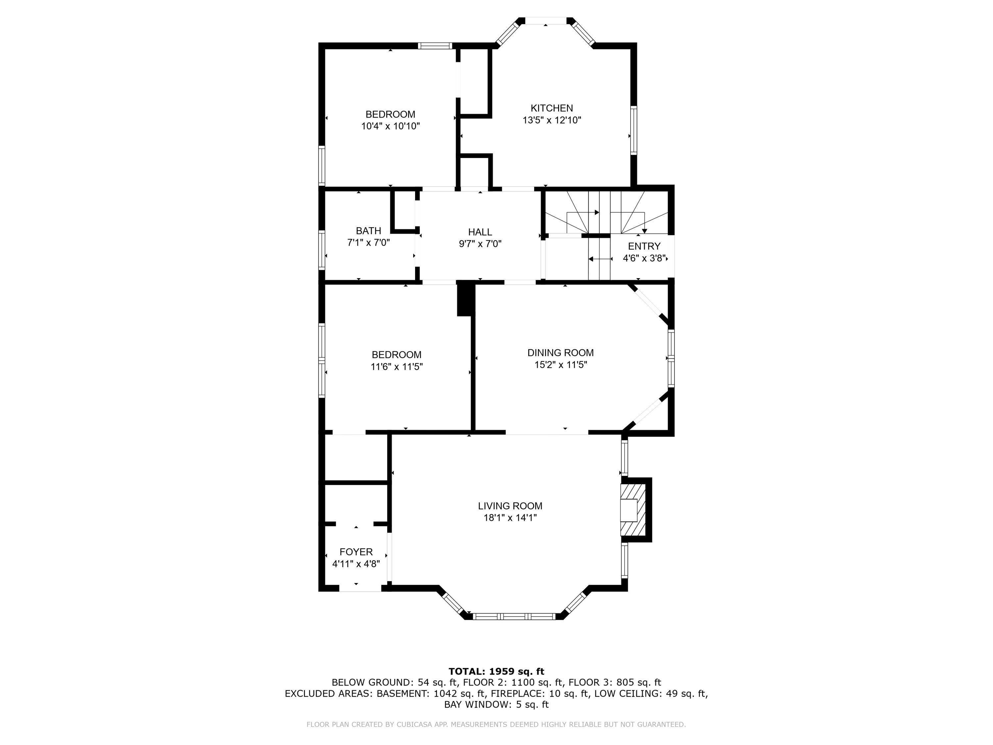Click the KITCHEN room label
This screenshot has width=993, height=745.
point(552,108)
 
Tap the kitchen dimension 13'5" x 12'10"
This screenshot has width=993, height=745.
point(552,120)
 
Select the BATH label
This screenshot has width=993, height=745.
point(368,231)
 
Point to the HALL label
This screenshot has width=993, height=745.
point(480,232)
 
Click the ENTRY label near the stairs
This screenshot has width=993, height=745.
point(644,246)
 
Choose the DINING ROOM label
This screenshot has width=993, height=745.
point(561,353)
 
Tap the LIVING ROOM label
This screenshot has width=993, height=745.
point(510,506)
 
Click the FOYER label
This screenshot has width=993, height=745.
point(356,552)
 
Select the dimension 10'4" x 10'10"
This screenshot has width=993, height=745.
point(391,126)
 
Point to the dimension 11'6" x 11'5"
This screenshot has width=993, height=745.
point(397,367)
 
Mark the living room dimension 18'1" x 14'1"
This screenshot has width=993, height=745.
point(510,518)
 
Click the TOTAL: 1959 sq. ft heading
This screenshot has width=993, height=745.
point(496,671)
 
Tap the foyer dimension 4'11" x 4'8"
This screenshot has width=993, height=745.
point(356,564)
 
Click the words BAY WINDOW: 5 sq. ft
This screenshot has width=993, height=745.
point(496,704)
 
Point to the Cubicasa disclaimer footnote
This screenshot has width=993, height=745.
point(496,724)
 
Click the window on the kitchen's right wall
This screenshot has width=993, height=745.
point(634,130)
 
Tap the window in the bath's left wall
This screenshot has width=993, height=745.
point(321,250)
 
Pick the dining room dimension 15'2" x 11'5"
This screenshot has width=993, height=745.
point(561,365)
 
